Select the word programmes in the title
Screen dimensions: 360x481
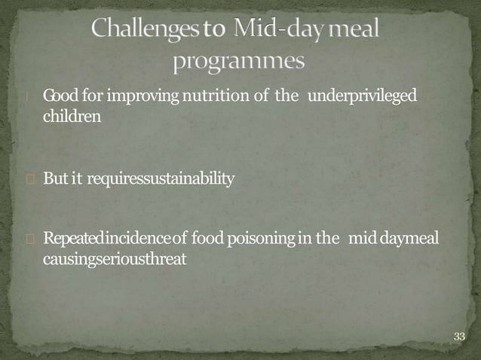click(x=238, y=60)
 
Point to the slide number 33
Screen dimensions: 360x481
click(x=459, y=336)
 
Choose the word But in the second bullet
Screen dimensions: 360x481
click(x=55, y=179)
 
